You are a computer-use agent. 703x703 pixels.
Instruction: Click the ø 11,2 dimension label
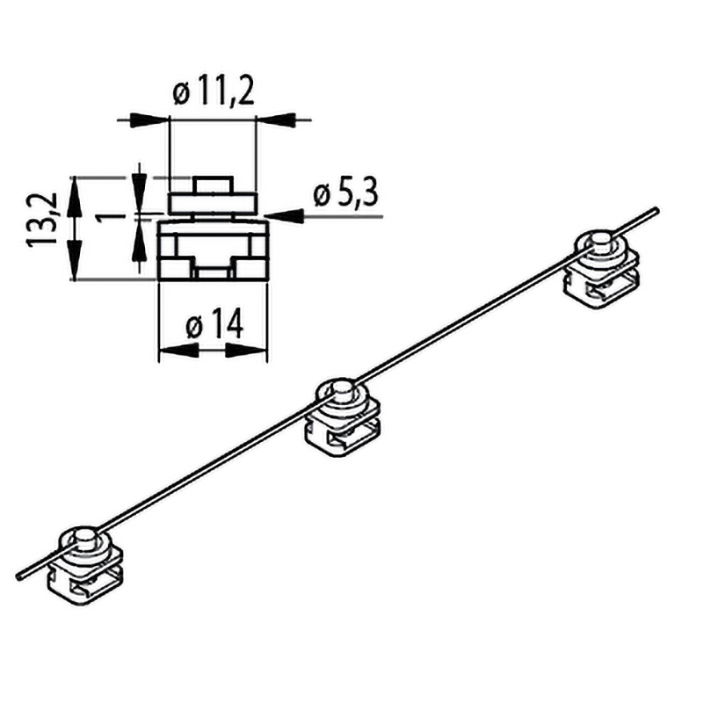214,92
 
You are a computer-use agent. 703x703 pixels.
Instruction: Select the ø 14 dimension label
214,323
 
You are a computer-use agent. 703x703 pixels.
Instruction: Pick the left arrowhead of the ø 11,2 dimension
149,120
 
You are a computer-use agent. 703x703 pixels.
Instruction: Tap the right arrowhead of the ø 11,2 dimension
275,120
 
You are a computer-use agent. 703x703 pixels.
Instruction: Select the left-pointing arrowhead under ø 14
179,351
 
